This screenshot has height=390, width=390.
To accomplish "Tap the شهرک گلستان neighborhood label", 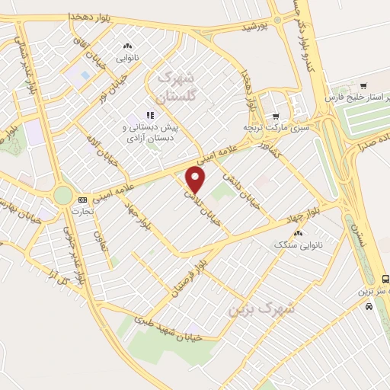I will click(175, 88).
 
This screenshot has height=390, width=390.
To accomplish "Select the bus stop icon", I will click(385, 279).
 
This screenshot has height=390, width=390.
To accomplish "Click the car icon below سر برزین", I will click(369, 306).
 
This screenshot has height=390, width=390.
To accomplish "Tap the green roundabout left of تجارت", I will click(62, 197).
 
